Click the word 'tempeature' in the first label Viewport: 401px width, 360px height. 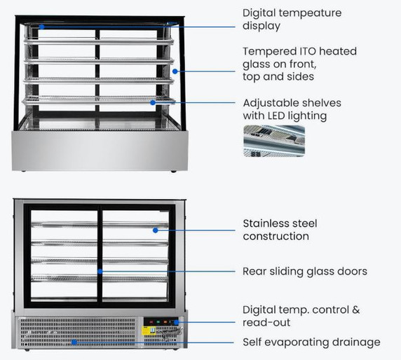coord(308,13)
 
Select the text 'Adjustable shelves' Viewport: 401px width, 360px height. coord(292,103)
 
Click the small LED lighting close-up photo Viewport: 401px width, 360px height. coord(274,140)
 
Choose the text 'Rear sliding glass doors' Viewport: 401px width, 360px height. coord(305,271)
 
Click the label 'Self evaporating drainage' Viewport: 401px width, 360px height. coord(311,342)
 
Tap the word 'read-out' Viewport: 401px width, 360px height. coord(266,322)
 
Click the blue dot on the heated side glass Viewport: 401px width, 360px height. coord(175,71)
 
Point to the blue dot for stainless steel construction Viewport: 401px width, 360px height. coord(154,229)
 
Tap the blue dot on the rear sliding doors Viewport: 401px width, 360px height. coord(101,271)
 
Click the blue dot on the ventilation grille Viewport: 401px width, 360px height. coord(74,342)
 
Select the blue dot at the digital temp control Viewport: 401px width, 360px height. coord(176,322)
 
